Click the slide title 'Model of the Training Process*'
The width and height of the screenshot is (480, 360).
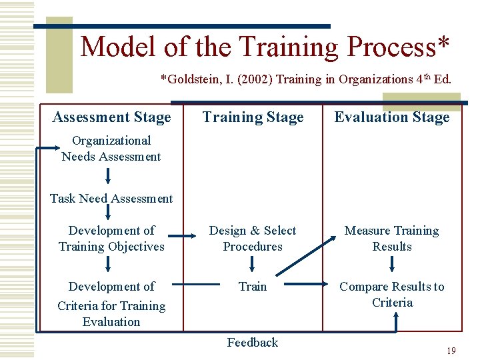pos(265,47)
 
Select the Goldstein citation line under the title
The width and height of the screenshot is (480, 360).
pos(306,79)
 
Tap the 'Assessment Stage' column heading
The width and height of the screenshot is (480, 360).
pos(111,117)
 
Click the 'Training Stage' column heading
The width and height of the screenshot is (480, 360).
pos(253,117)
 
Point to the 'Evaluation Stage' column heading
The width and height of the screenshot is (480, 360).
pos(392,117)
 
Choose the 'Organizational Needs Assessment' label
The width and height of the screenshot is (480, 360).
pos(111,149)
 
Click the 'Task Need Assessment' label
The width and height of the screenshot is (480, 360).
pos(111,198)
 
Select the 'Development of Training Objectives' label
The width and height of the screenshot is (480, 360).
pos(111,238)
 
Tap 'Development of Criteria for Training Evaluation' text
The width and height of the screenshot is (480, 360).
pos(111,304)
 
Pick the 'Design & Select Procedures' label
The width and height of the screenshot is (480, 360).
pos(253,238)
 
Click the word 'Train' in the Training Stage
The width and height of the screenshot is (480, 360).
pos(253,287)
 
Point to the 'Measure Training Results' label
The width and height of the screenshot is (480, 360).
pos(392,238)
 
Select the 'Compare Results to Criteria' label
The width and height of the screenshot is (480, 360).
pos(392,294)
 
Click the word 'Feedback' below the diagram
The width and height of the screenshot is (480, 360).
pos(253,343)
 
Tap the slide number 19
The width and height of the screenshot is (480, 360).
pos(451,351)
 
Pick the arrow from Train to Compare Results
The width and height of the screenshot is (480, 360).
pos(304,286)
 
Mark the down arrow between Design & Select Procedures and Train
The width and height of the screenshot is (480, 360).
pos(253,265)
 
